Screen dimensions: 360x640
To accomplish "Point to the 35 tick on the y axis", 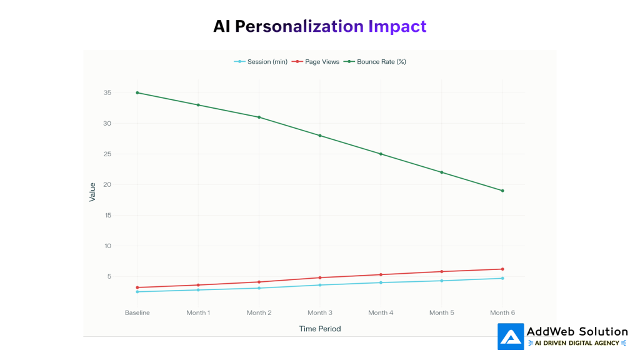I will coord(107,92).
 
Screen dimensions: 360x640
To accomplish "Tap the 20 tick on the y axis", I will coord(107,184).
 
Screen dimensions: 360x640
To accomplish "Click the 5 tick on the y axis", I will coord(109,276).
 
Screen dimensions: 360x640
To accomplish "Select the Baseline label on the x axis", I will coord(137,312).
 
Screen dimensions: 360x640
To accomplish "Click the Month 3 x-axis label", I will coord(320,312).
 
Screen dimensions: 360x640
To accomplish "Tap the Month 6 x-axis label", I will coord(502,312).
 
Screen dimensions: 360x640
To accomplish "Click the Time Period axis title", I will coord(320,329).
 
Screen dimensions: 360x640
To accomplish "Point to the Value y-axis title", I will coord(92,192).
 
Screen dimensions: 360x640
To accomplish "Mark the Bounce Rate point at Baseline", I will coord(137,92).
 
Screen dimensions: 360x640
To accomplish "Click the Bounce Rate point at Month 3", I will coord(320,136).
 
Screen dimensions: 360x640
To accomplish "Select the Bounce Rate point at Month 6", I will coord(502,191).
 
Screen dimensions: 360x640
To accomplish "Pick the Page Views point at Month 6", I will coord(502,269).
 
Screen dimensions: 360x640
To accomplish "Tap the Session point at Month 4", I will coord(381,282).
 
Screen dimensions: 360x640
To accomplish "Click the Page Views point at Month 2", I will coord(259,282).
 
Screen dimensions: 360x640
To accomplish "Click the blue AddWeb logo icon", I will coord(511,336).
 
